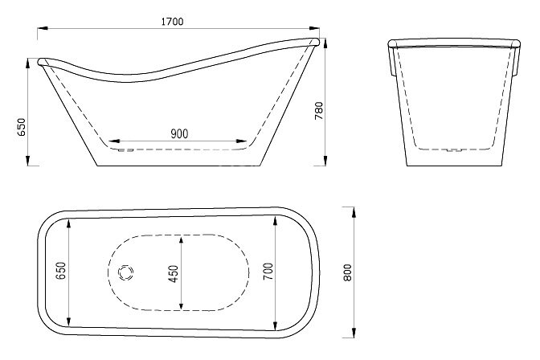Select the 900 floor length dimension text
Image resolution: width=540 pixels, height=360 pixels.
pos(179,133)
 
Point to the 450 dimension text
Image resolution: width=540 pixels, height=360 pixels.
pos(174,274)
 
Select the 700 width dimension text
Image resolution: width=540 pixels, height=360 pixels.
pos(268,273)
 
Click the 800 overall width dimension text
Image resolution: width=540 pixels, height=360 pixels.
pos(348,273)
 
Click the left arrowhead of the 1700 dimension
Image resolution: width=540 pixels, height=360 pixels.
pos(41,30)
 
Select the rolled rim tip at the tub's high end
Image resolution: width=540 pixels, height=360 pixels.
pos(315,39)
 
